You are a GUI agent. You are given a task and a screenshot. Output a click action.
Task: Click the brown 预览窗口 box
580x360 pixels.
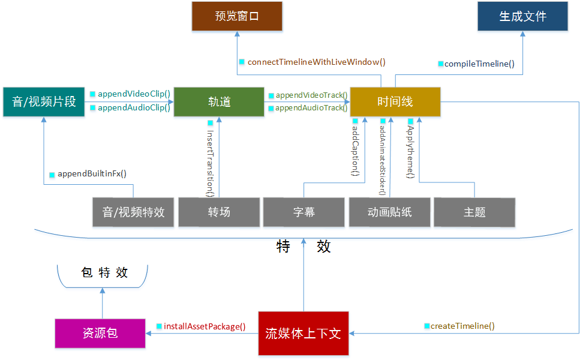(x=237, y=16)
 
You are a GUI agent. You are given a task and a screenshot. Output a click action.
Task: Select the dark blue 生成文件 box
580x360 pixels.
(x=522, y=16)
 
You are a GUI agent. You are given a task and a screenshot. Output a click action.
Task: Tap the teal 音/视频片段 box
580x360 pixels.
(x=44, y=101)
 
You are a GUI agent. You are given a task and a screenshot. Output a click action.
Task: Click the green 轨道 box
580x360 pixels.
(x=219, y=101)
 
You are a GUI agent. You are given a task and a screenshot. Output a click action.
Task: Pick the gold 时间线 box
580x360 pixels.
(x=395, y=101)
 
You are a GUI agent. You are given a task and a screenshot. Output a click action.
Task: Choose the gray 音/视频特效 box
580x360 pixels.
(x=133, y=212)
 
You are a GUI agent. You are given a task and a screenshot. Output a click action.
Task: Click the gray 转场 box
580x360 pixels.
(x=219, y=212)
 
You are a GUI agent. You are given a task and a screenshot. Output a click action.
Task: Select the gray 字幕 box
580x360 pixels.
(x=304, y=212)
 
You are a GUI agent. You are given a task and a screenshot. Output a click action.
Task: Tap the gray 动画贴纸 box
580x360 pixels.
(x=390, y=212)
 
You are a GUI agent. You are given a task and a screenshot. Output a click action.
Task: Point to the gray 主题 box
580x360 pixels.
(x=474, y=212)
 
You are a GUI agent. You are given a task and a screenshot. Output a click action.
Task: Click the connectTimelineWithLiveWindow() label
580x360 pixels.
(x=316, y=62)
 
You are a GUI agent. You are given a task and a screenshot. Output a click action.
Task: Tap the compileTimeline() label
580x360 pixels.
(x=479, y=64)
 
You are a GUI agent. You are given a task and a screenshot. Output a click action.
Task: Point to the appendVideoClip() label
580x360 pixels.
(x=134, y=94)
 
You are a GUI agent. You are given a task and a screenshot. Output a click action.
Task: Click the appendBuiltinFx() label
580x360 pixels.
(x=92, y=174)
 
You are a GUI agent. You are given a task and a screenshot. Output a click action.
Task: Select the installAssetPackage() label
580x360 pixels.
(x=205, y=326)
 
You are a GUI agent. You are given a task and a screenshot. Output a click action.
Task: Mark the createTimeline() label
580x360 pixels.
(x=462, y=326)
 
